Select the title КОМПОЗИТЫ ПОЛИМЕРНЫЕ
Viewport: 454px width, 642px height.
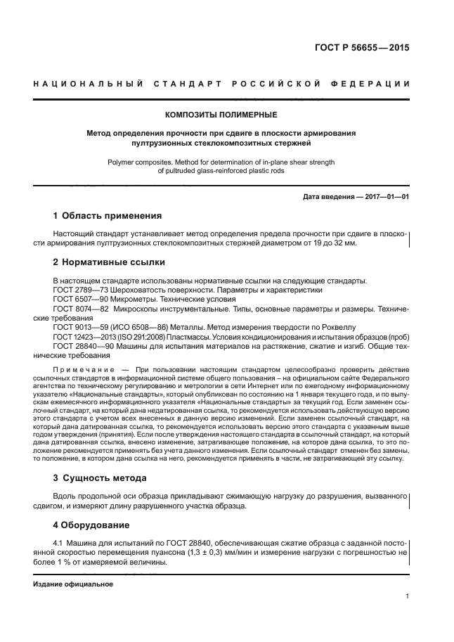click(x=221, y=115)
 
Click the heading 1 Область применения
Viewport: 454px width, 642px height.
click(x=108, y=215)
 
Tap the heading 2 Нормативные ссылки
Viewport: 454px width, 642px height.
click(x=109, y=262)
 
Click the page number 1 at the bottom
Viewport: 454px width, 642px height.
click(x=408, y=596)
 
